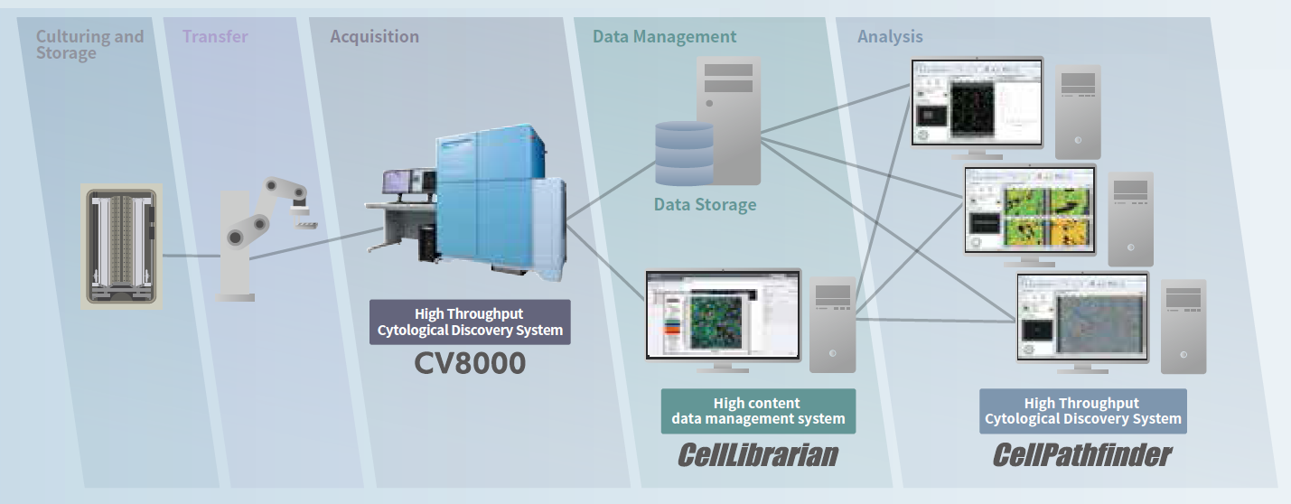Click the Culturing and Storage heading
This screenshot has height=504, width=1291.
89,44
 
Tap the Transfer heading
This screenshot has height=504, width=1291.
214,37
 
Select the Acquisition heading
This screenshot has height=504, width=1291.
374,37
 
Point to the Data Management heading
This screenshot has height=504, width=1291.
664,37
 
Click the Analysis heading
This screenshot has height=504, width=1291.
890,37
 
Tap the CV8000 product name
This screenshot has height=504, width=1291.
470,363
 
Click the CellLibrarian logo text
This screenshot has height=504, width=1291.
757,454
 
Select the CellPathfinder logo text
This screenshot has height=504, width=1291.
1081,454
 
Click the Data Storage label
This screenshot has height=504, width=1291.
705,205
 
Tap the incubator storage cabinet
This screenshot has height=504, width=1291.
121,247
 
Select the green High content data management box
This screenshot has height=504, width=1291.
758,411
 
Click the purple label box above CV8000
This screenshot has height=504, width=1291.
470,322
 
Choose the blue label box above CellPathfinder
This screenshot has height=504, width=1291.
1082,411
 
